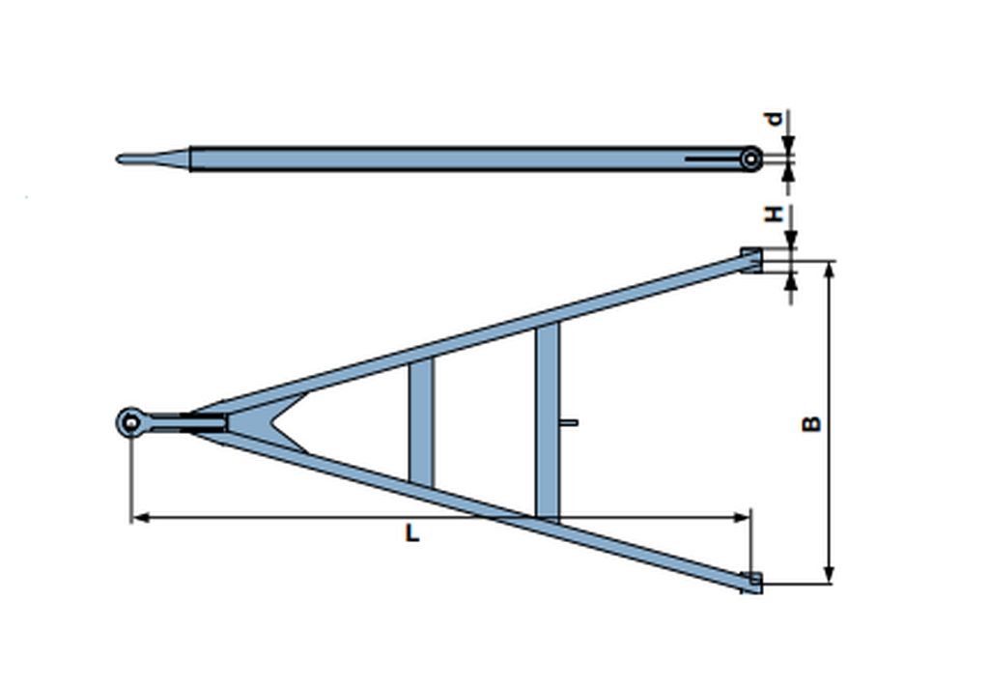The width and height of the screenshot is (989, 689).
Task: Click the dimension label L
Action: point(411,533)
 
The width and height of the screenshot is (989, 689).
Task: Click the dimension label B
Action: point(811,423)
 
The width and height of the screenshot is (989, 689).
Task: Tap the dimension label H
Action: point(774,214)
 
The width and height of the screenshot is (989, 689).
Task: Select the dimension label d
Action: point(774,119)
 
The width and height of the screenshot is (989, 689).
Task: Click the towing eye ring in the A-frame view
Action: point(130,422)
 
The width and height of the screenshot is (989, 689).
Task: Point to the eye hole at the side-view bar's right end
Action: point(750,159)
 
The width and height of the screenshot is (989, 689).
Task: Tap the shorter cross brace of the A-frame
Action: point(421,422)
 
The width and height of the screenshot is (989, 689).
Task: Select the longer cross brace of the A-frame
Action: point(548,422)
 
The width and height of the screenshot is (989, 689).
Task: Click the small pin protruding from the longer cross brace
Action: point(569,422)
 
